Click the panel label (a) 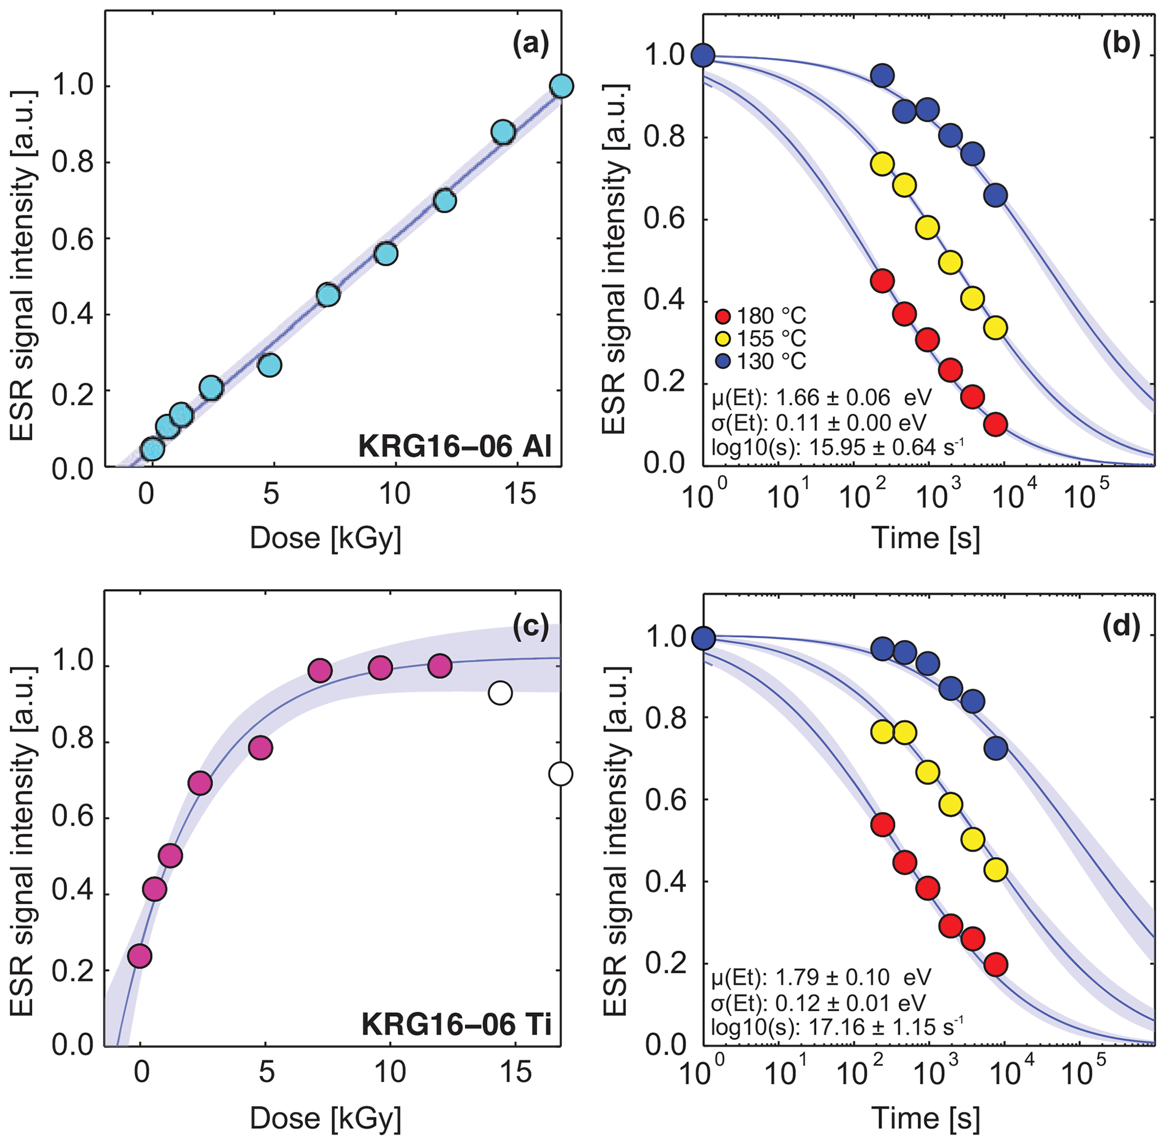[531, 46]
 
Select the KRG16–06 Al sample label [454, 446]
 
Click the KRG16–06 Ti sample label [456, 1024]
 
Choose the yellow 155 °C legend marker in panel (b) [724, 339]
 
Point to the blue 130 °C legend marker [724, 361]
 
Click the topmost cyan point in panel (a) [561, 86]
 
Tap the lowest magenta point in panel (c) [140, 955]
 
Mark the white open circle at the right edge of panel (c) [561, 773]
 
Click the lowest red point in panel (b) [995, 424]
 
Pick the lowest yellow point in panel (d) [995, 870]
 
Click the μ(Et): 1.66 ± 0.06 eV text [821, 397]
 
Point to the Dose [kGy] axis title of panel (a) [325, 538]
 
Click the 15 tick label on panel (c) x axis [515, 1072]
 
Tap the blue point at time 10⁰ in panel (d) [703, 638]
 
